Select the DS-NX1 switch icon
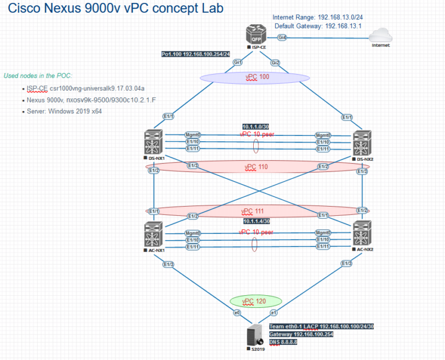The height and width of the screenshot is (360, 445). point(153,142)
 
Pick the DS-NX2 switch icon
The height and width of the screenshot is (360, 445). point(362,142)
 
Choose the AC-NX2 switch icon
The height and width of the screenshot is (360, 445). point(362,234)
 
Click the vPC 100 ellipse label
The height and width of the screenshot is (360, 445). point(255,77)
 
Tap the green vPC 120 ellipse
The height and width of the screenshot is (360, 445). point(256,301)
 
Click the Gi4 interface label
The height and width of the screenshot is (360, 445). point(283,37)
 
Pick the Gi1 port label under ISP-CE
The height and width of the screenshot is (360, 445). point(237,62)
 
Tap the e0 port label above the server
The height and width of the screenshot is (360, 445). point(236,313)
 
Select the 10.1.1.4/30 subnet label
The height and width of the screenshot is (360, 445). point(257,221)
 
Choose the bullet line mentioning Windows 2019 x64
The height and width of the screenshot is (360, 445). point(64,111)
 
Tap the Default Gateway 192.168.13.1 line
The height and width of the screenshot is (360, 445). point(318,26)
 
